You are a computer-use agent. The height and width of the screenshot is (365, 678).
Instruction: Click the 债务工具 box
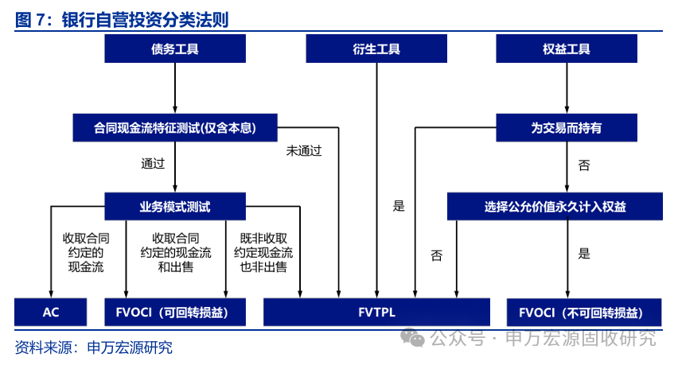175,49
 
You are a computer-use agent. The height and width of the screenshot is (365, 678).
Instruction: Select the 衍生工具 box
376,49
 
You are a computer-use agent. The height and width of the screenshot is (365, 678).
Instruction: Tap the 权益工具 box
567,49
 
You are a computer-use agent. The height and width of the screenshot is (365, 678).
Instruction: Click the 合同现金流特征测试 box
175,128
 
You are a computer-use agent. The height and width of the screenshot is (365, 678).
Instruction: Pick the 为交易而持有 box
567,128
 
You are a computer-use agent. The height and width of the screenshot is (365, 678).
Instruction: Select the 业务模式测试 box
175,207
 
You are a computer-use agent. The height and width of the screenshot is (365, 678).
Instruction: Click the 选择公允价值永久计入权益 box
555,207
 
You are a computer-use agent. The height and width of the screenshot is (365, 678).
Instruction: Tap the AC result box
51,312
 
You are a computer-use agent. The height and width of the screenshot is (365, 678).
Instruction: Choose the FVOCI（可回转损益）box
175,312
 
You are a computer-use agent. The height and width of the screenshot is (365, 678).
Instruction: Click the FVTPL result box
376,312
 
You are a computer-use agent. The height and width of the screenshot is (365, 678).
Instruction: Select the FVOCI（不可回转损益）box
584,313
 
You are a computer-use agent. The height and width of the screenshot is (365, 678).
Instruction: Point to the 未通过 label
304,151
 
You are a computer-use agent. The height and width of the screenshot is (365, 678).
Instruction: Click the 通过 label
153,163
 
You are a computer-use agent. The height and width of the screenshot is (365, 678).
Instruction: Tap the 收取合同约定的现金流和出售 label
176,253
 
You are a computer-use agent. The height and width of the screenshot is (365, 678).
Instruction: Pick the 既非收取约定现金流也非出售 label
263,253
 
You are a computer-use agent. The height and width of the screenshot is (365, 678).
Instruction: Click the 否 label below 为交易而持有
584,165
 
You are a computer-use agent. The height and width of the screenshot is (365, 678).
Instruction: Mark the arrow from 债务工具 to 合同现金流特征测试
175,88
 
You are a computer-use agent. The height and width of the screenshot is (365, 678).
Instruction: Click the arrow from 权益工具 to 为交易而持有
567,88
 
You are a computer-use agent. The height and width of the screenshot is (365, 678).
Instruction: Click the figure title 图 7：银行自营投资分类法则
122,20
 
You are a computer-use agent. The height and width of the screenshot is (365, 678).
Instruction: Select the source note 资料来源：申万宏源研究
93,348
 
